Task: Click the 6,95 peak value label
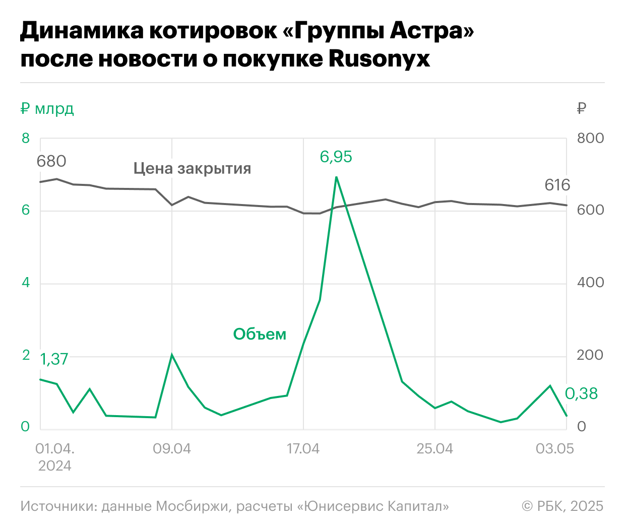click(336, 157)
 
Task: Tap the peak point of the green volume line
click(336, 177)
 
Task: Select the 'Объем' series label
click(260, 334)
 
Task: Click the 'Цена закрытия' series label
click(192, 168)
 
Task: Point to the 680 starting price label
click(51, 161)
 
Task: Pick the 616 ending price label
click(557, 185)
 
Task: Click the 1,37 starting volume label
click(54, 359)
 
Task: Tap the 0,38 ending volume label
click(581, 393)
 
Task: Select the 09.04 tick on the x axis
click(172, 448)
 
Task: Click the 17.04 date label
click(303, 448)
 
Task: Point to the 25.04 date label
click(434, 448)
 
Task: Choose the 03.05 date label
click(554, 448)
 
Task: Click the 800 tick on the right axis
click(590, 138)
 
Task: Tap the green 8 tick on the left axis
click(26, 138)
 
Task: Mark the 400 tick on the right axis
click(590, 283)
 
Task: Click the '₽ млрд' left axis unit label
click(47, 108)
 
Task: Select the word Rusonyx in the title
click(379, 58)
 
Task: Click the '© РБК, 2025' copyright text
click(562, 506)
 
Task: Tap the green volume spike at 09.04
click(172, 355)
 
